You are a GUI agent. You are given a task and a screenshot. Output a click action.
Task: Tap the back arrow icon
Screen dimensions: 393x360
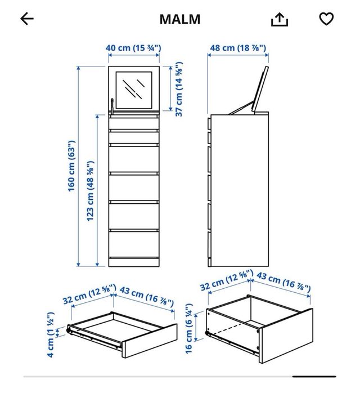[27, 19]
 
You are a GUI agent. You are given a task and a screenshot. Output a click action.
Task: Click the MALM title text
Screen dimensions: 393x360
[180, 19]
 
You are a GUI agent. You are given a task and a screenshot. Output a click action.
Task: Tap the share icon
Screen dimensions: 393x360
[280, 20]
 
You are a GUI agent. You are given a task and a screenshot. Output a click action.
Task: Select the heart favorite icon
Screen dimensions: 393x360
[326, 19]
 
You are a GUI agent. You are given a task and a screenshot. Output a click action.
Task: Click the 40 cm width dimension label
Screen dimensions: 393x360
[133, 48]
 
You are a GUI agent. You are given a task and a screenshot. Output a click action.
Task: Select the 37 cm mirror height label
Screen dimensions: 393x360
[179, 92]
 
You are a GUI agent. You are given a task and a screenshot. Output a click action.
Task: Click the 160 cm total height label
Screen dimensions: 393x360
[72, 166]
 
